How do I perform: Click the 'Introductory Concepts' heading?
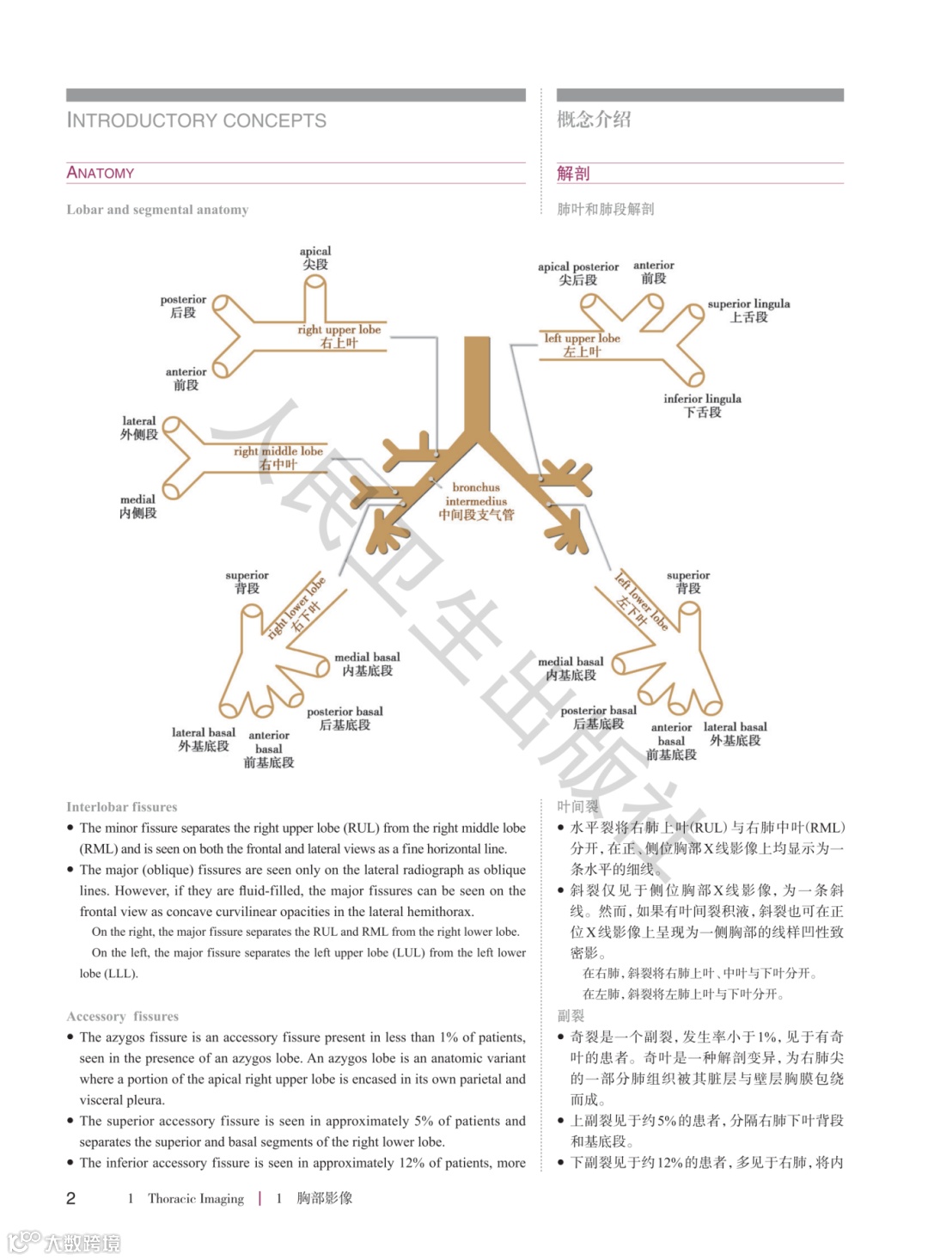(197, 120)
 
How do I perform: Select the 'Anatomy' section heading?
(101, 173)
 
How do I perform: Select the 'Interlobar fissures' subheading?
(122, 807)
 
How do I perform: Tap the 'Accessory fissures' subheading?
(122, 1016)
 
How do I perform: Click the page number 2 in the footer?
(71, 1198)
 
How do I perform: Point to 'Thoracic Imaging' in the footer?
(196, 1198)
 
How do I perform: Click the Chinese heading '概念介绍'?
(594, 119)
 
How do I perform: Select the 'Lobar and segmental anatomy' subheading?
(157, 210)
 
